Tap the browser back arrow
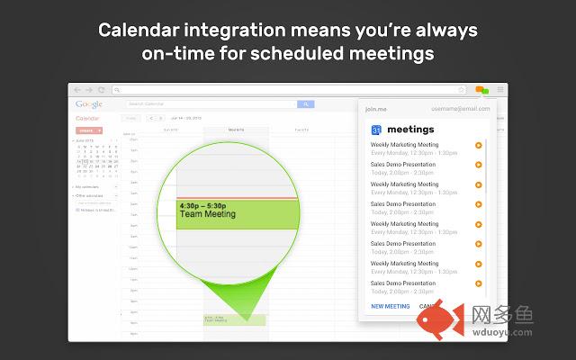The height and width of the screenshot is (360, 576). click(77, 90)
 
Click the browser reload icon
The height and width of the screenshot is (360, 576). click(102, 90)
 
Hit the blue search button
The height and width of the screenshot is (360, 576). click(305, 104)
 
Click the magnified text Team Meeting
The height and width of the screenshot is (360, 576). click(207, 214)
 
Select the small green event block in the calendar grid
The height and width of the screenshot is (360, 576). click(235, 319)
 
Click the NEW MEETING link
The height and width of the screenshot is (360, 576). click(391, 306)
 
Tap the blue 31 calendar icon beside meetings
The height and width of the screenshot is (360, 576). click(376, 130)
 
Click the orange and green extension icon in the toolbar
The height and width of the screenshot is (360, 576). click(482, 90)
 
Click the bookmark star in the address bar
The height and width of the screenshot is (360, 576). click(462, 90)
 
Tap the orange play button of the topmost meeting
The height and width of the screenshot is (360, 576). click(478, 145)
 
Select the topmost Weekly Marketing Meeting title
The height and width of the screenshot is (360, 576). click(404, 145)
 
